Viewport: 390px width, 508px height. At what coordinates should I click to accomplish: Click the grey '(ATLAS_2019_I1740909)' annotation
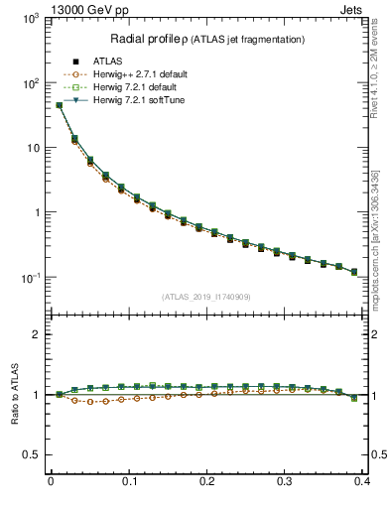[206, 297]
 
